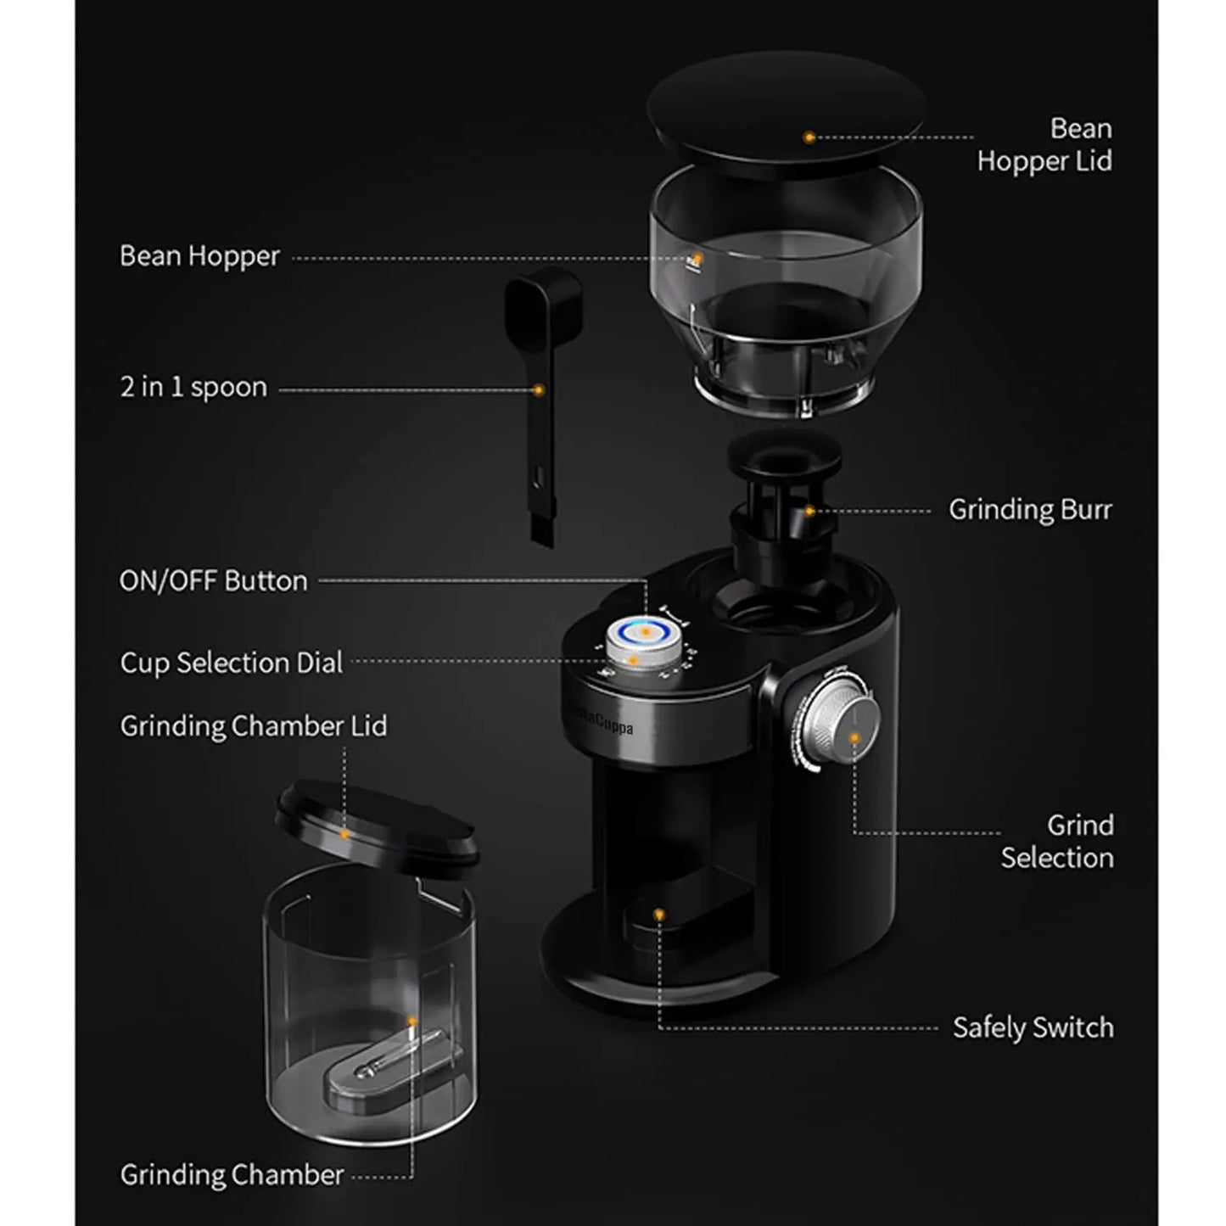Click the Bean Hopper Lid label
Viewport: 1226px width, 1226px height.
(1044, 144)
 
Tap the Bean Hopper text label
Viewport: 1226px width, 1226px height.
(199, 256)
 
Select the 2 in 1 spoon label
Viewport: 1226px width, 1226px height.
(193, 388)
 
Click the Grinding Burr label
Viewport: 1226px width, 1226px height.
(1029, 510)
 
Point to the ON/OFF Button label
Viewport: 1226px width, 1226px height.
(213, 581)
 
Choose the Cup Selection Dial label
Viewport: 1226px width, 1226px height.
(231, 663)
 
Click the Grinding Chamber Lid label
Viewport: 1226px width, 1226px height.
(253, 726)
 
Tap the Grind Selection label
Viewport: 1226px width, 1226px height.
(1056, 841)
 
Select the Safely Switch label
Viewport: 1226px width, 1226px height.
(1033, 1028)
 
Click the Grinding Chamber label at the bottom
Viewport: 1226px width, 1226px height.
(232, 1175)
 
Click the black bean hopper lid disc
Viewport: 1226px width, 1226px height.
(785, 110)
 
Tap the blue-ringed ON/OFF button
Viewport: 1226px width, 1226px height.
(645, 632)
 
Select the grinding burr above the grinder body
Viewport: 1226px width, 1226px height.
(782, 501)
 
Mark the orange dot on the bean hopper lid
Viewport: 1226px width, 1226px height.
(809, 137)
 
